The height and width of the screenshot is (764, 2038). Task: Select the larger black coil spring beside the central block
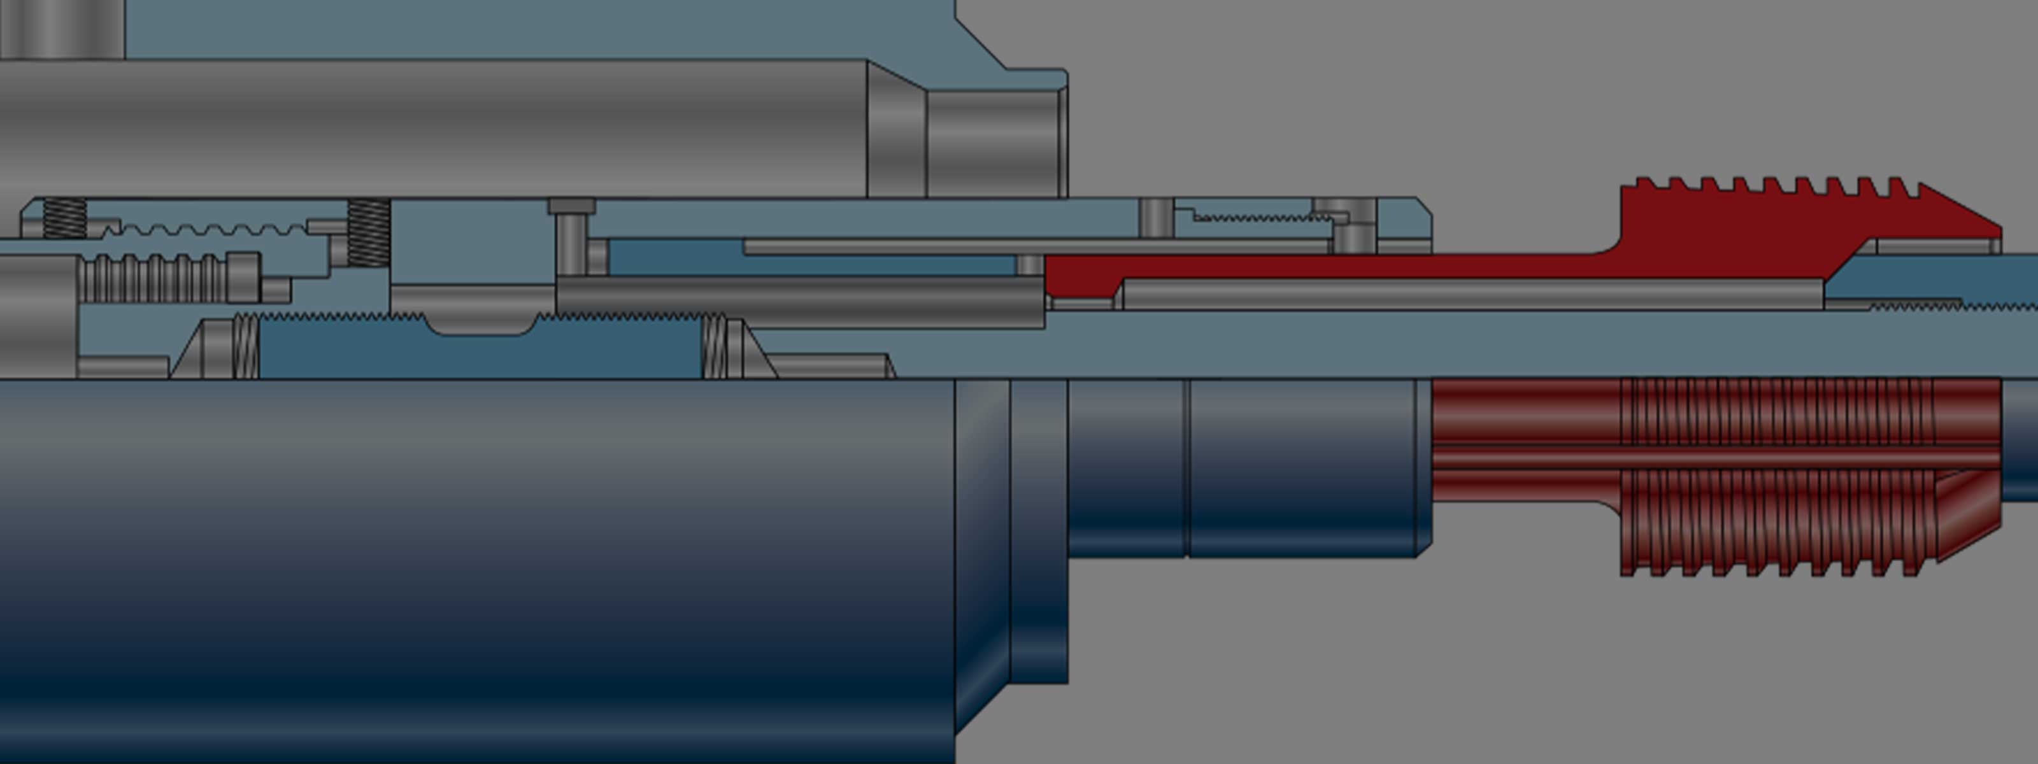[369, 232]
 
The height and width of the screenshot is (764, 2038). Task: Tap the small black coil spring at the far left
[64, 218]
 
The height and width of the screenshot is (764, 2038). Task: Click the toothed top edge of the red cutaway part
[1772, 187]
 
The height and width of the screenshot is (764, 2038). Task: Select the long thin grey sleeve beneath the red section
[1472, 294]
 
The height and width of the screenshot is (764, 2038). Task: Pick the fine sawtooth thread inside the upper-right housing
[1258, 216]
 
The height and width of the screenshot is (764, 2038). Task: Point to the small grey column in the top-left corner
[62, 29]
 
